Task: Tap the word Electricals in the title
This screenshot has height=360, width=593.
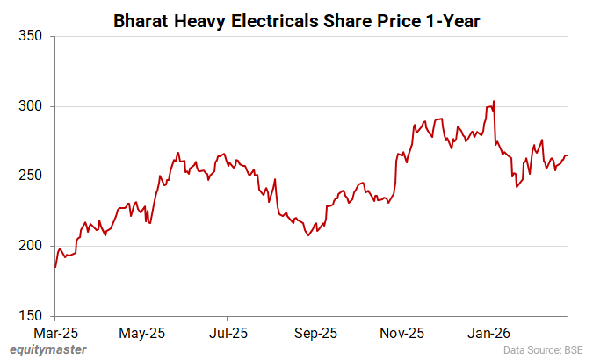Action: pos(278,20)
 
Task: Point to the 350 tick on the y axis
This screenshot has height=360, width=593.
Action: pos(30,37)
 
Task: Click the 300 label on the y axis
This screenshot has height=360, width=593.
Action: pos(30,106)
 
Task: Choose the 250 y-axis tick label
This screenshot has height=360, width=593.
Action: pos(30,176)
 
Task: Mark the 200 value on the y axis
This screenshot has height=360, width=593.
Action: pos(30,246)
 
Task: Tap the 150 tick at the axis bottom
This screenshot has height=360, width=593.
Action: pos(30,315)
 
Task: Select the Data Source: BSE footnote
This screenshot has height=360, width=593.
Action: pos(543,350)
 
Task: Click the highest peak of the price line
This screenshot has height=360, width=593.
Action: pos(494,101)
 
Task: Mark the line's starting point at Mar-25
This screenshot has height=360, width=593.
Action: pos(55,267)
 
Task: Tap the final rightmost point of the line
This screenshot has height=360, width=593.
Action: pos(567,155)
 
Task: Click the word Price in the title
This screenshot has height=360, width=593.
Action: pos(394,20)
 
